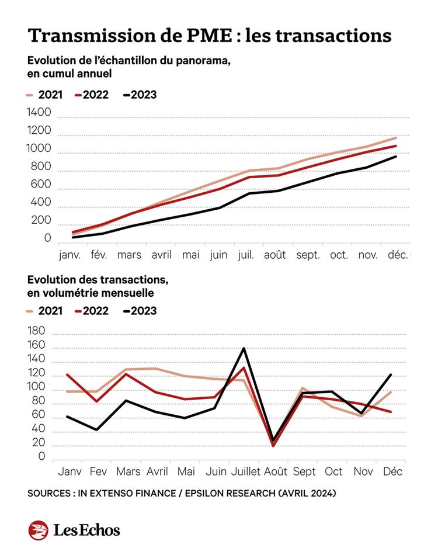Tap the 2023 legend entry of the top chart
(140, 95)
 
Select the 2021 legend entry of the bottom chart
(44, 311)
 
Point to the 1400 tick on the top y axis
(39, 112)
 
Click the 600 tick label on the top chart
(41, 184)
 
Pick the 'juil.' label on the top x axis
(246, 255)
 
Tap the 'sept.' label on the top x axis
(308, 255)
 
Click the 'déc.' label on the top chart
(398, 255)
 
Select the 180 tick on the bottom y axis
(36, 331)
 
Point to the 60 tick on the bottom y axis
(38, 414)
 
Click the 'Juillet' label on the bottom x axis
(246, 471)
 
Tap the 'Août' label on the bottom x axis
(276, 471)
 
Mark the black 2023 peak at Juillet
(244, 348)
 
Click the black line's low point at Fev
(96, 430)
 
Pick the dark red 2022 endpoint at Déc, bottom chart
(391, 412)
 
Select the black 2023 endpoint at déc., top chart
(396, 156)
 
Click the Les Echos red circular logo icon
(38, 530)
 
